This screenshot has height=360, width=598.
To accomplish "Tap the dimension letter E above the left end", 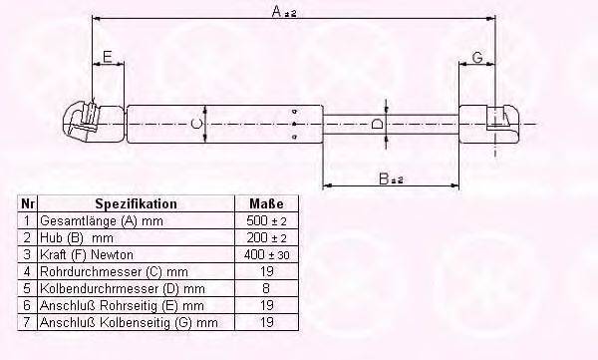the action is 108,57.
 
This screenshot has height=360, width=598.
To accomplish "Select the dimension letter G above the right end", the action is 477,58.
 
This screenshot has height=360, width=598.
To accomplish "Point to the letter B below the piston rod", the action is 384,179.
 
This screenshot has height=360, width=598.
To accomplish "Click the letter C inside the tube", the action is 196,124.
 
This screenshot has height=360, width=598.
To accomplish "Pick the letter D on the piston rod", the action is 377,124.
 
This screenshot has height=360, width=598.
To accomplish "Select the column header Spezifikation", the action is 136,203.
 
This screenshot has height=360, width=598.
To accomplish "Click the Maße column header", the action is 266,203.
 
